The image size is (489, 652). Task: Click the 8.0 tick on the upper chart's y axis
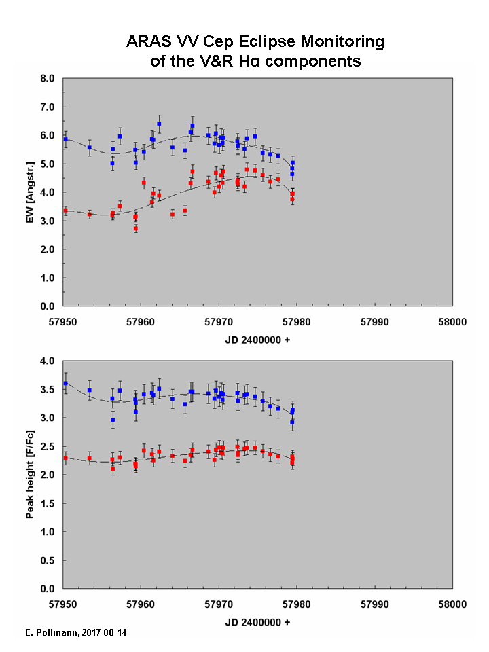coord(48,79)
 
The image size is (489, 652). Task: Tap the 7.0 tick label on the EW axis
coord(48,107)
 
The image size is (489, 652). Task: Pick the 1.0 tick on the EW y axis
coord(48,278)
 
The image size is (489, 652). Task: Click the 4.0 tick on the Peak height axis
coord(48,361)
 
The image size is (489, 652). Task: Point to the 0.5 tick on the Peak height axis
coord(48,560)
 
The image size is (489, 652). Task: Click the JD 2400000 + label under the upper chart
coord(257,339)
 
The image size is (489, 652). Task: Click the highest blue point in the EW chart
coord(159,124)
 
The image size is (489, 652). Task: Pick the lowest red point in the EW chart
coord(136,229)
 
